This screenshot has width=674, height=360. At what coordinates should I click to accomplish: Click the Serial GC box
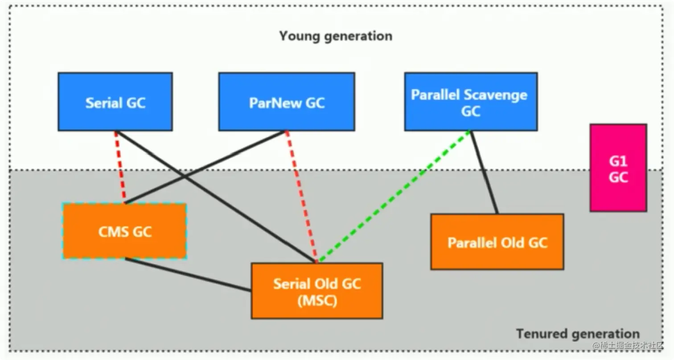coord(115,102)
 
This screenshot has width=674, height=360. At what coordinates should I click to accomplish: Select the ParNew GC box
coord(287,102)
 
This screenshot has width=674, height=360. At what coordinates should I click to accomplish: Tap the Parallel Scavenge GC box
coord(471,102)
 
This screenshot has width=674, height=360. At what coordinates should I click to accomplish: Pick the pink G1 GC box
coord(618,168)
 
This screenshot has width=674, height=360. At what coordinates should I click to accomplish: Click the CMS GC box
coord(124,231)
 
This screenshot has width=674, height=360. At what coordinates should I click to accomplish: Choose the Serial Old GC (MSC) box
coord(317,291)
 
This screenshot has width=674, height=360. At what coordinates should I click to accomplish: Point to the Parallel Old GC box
coord(497,242)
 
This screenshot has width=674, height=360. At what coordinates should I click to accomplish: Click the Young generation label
coord(336,36)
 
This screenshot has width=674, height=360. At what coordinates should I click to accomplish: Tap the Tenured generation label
coord(578,334)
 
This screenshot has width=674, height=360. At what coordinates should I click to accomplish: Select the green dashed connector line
coord(394,197)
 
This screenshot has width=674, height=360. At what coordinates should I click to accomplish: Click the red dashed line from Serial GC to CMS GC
coord(120,167)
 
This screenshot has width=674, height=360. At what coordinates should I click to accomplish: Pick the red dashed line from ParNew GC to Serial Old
coord(301,197)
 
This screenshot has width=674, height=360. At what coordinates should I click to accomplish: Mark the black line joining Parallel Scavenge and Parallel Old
coord(484,173)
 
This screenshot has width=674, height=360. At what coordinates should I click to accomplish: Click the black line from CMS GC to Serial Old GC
coord(188,274)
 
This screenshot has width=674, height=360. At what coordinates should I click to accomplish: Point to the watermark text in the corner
coord(628,346)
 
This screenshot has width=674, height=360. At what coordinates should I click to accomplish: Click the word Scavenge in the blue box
coord(498,95)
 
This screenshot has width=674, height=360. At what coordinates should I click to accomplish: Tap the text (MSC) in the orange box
coord(317,300)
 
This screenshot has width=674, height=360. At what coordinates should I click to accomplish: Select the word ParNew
coord(275,103)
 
